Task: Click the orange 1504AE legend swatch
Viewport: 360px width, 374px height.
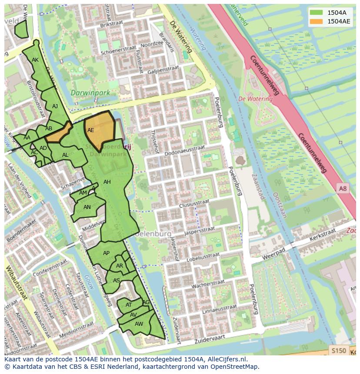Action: pos(316,21)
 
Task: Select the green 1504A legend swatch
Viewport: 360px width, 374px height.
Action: pos(316,13)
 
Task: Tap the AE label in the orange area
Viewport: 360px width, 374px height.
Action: pos(90,130)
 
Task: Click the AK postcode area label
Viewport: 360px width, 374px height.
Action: pos(35,60)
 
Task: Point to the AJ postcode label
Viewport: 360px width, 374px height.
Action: pos(55,106)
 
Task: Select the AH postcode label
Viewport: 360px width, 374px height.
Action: pos(107,182)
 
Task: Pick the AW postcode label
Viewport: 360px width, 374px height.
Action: pos(139,324)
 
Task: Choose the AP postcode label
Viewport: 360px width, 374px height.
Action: pos(106,253)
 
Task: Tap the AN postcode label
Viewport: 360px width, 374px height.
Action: pos(87,207)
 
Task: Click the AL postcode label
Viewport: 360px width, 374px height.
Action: pos(65,155)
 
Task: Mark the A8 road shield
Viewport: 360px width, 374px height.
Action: pos(343,188)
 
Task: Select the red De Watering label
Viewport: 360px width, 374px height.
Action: pos(256,99)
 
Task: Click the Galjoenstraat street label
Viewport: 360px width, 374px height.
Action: pos(163,70)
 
